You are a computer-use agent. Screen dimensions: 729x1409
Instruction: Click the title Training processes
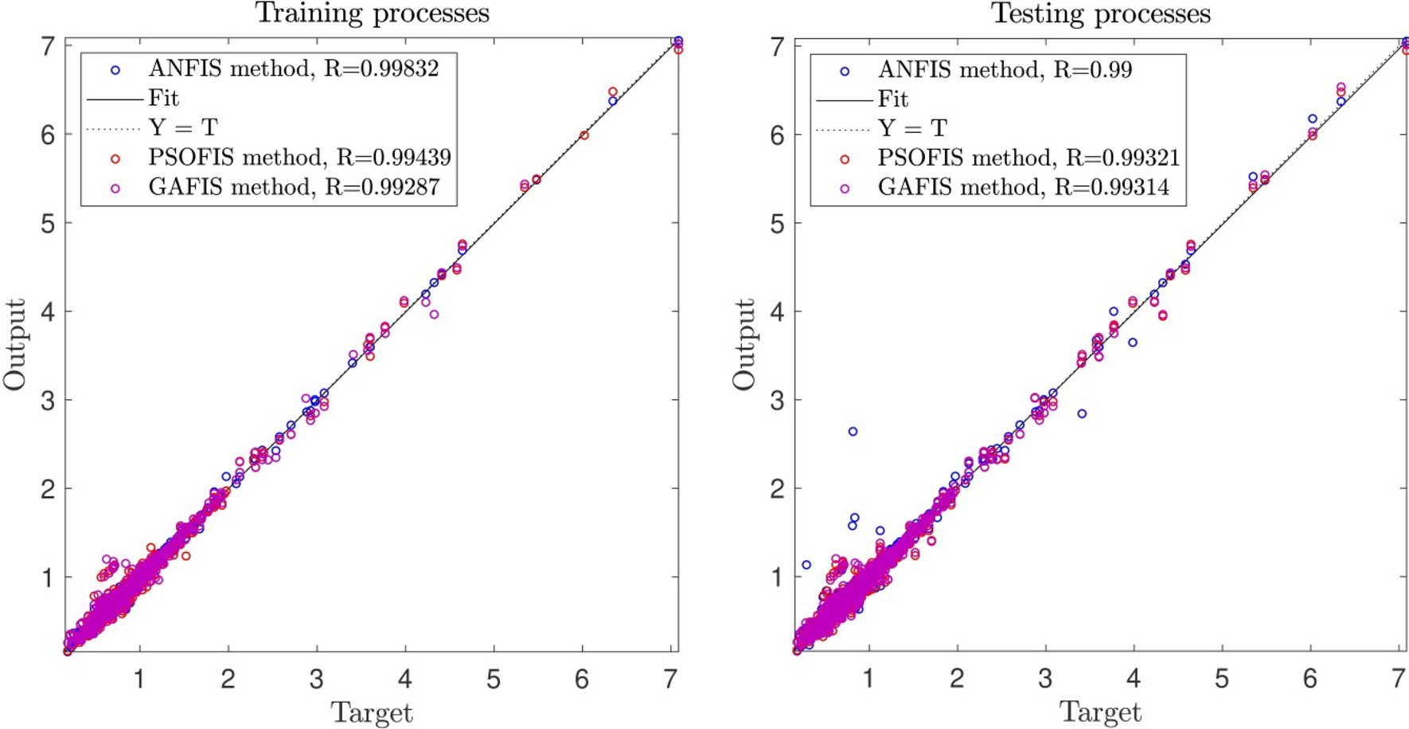(372, 14)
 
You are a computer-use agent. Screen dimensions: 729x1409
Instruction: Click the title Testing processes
(1100, 14)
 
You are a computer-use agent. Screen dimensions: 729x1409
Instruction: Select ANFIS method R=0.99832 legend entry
(293, 69)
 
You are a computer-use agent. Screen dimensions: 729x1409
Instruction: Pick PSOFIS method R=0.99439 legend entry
(299, 158)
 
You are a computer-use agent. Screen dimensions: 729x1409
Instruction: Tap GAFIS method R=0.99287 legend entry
(293, 187)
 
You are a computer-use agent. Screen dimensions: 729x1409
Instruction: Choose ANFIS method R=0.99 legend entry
(1004, 70)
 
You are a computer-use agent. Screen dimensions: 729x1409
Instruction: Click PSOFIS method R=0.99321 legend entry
(1028, 158)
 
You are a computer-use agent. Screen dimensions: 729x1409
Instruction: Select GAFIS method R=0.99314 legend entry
(1023, 187)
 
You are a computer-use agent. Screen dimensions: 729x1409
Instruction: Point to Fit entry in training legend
(163, 99)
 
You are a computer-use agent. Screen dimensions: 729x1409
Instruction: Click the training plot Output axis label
(14, 344)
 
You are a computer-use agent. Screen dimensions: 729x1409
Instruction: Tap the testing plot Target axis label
(1100, 711)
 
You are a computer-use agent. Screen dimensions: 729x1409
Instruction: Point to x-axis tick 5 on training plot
(494, 679)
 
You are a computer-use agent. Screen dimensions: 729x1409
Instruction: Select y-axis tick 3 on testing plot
(777, 400)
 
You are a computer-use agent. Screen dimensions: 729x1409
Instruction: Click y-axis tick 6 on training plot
(48, 135)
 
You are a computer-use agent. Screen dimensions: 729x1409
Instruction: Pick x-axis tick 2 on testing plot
(957, 679)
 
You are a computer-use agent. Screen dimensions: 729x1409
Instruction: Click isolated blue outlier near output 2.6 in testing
(853, 431)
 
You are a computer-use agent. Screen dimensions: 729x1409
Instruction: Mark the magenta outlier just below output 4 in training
(434, 314)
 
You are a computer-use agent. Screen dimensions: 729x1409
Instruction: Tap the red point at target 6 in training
(584, 135)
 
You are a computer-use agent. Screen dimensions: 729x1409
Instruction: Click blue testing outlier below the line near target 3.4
(1082, 413)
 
